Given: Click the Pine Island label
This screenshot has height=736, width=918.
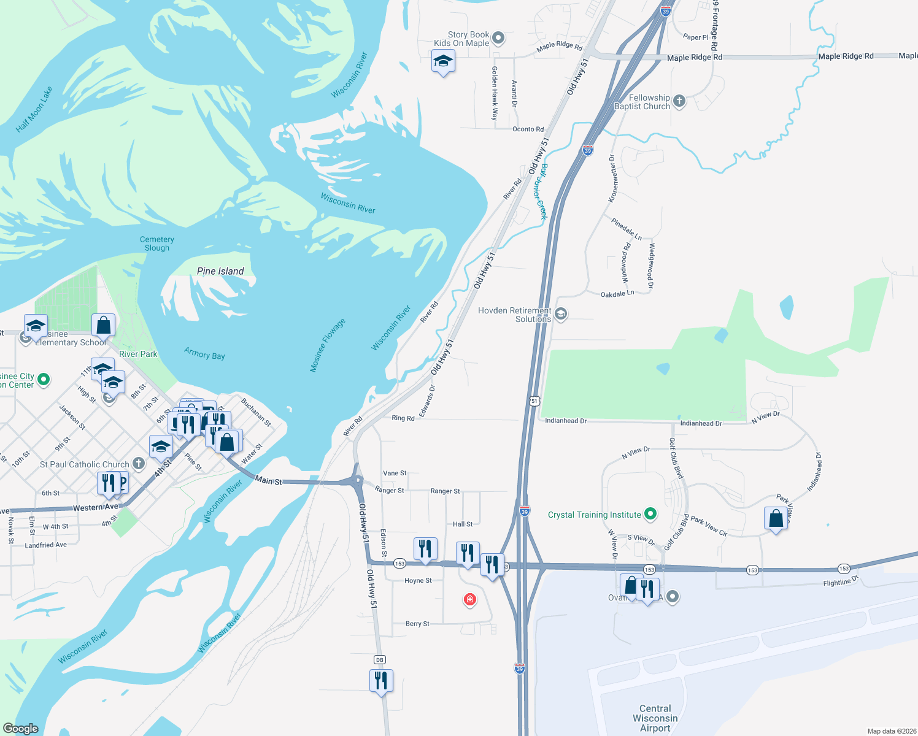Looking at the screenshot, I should [220, 271].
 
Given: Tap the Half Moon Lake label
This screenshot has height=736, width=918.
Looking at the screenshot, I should [34, 110].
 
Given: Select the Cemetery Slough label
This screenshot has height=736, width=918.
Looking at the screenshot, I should [157, 243].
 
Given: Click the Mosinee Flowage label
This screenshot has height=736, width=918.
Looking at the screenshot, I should [327, 345].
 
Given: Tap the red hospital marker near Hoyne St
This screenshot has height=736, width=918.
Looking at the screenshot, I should [470, 599].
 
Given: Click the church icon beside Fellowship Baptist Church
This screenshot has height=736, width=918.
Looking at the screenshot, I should [679, 101].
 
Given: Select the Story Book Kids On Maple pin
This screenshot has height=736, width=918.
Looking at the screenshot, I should [498, 38].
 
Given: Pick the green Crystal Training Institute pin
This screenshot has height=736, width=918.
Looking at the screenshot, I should [651, 514].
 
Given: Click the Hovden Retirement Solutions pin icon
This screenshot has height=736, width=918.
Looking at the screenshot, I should [560, 314].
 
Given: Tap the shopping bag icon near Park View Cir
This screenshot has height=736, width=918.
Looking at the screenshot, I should [776, 518].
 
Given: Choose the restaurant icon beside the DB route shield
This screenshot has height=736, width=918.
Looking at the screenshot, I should [381, 681].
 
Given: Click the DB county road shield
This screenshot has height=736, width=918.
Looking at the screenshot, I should [379, 659].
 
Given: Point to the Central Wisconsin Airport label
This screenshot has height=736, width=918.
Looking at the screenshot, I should [655, 718].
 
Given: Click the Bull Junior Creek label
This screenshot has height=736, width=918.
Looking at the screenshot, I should [539, 191].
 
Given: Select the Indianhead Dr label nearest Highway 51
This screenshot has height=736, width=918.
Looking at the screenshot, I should [566, 421].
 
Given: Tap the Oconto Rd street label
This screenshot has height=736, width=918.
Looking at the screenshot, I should [528, 129].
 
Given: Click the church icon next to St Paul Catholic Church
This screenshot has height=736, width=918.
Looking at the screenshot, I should [139, 464].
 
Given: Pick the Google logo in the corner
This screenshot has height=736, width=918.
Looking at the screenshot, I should [21, 728].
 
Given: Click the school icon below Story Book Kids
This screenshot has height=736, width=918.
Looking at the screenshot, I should [443, 61].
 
